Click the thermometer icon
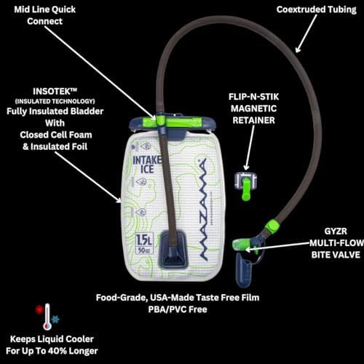(47, 317)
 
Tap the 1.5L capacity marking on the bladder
(144, 240)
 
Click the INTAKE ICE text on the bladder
(147, 165)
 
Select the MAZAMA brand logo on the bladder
(203, 210)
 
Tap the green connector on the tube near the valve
(272, 227)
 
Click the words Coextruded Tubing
(317, 9)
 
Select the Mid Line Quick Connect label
(45, 15)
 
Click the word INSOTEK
(55, 92)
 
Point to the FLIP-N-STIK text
(253, 97)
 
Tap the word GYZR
(336, 232)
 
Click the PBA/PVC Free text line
(178, 309)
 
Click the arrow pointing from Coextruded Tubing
(306, 33)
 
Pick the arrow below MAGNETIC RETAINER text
(250, 148)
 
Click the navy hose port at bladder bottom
(173, 249)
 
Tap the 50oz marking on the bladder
(144, 250)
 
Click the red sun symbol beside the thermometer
(39, 309)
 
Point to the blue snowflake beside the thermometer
(55, 320)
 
